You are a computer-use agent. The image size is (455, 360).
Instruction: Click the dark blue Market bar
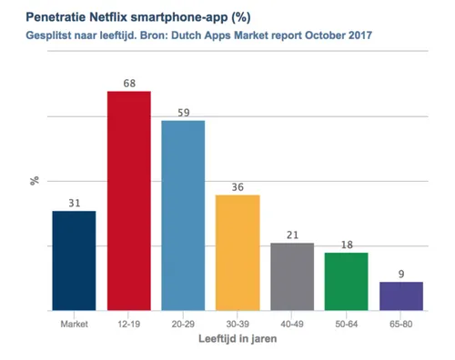74,260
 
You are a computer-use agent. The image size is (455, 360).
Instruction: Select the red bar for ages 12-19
128,200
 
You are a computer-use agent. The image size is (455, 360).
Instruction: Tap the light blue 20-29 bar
183,215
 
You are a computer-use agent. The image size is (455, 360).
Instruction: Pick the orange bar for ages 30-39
238,252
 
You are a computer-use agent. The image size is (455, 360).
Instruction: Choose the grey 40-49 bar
292,276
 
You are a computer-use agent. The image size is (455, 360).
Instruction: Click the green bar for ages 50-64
347,281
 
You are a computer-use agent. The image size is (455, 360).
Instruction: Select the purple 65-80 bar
400,295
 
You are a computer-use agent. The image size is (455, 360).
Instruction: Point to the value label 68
128,84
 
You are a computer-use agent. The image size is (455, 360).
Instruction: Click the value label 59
183,113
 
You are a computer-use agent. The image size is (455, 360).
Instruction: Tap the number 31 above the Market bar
74,203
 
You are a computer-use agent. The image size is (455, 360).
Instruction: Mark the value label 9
401,274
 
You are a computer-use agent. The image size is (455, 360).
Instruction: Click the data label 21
292,235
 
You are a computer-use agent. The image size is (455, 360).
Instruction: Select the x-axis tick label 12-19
128,324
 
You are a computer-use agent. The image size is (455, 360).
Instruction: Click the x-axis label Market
74,324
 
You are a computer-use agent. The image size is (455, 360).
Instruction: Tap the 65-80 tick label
401,324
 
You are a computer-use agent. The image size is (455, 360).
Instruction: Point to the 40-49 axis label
292,324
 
